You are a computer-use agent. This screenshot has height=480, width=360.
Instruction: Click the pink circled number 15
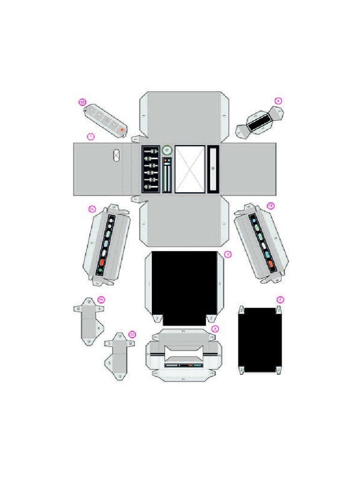point(82,102)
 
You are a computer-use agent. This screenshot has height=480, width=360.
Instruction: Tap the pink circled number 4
point(278,101)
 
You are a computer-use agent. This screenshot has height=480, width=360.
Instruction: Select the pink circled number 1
point(90,137)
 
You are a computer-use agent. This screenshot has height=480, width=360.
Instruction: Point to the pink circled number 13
point(92,209)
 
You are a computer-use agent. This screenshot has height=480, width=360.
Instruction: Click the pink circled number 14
point(270,206)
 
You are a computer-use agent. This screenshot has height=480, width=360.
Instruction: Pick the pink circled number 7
point(228,255)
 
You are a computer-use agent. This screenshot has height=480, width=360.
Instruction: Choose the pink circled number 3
point(215,329)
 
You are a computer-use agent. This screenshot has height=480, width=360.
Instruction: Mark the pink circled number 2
point(280,300)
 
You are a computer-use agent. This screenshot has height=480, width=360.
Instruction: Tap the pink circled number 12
point(132,334)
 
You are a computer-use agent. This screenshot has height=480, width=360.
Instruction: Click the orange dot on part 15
point(122,129)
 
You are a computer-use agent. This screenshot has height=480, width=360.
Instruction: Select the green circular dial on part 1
point(167,150)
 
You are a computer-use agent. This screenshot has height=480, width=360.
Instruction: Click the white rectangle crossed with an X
point(190,169)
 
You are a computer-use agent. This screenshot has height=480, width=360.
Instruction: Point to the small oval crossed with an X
point(117,155)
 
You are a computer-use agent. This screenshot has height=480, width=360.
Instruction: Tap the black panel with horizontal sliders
point(151,169)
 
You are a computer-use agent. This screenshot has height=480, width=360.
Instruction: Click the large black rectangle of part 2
point(260,340)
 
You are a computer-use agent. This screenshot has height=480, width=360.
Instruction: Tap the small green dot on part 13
point(100,270)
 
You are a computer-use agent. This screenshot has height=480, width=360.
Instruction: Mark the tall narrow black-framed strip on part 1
point(213,169)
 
